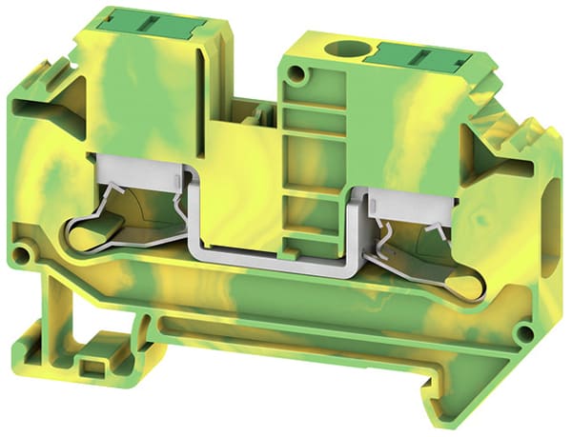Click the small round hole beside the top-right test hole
click(x=301, y=73)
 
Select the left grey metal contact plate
click(x=138, y=168)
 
